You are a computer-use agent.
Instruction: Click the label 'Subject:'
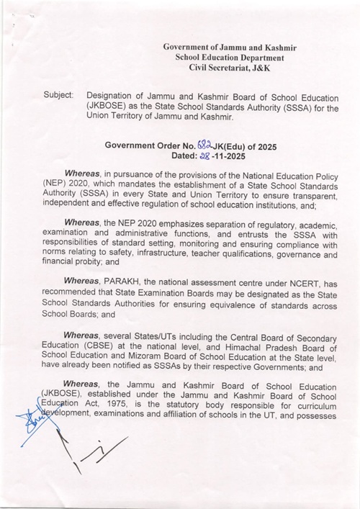58,95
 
